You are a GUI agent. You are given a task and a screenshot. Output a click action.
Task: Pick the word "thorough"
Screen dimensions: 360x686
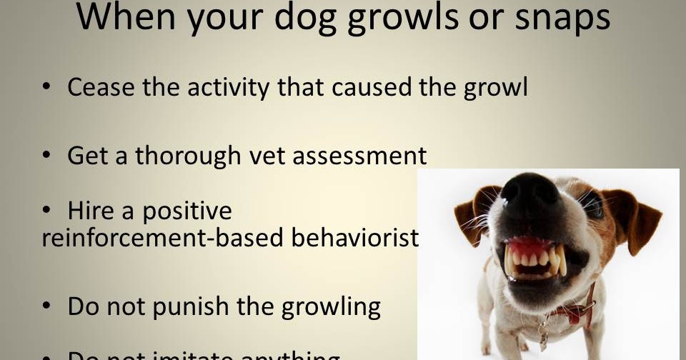[188, 156]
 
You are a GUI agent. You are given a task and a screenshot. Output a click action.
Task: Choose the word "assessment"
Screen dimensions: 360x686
[362, 156]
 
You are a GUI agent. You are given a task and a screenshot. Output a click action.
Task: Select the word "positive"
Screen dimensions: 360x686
[187, 212]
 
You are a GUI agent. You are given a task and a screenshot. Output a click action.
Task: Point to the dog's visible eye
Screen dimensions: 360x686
[593, 205]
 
